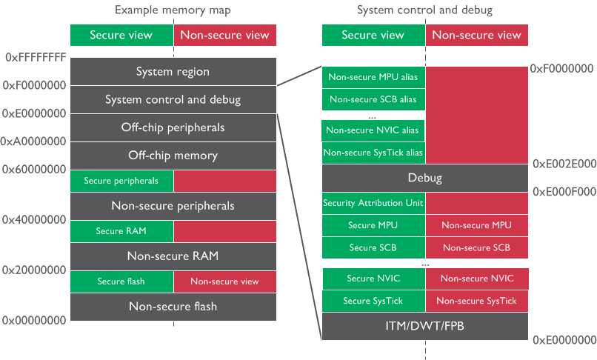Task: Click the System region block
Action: point(173,72)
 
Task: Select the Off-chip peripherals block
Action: point(173,127)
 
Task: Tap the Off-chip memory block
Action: point(173,156)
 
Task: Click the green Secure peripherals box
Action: point(121,181)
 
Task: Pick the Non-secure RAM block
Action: point(173,256)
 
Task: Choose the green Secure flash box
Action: point(121,281)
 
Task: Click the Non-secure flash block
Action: point(173,306)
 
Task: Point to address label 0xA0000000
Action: point(33,141)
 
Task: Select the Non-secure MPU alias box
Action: point(373,77)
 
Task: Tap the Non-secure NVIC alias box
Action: point(373,130)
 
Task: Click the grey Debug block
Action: point(425,178)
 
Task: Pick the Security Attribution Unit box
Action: point(373,203)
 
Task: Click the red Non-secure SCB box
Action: point(476,247)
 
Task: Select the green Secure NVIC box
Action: point(373,279)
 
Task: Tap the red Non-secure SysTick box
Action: point(476,301)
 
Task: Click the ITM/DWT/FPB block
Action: point(425,326)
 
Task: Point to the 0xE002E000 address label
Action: point(564,164)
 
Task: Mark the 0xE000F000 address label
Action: point(564,192)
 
